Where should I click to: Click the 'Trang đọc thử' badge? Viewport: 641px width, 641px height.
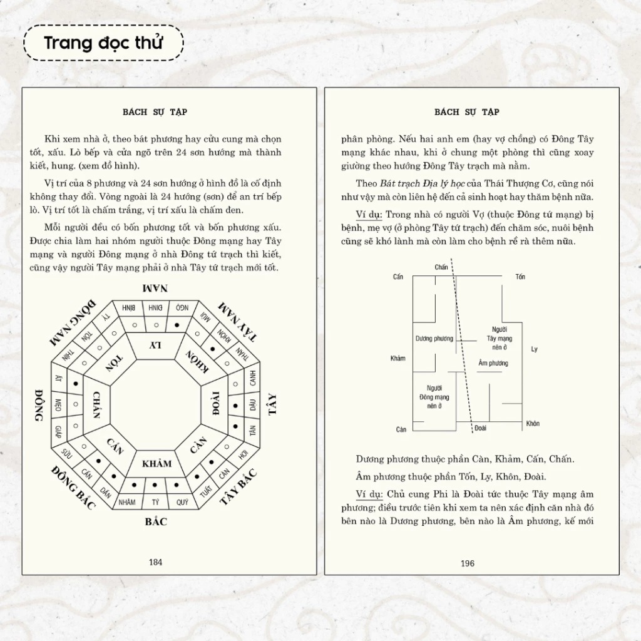click(x=103, y=43)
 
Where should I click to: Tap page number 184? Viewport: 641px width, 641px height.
click(x=156, y=562)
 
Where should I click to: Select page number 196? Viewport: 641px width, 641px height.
click(x=468, y=563)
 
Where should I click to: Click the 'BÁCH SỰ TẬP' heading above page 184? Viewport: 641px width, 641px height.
click(x=155, y=112)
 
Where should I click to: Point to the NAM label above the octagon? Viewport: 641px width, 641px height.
click(x=155, y=289)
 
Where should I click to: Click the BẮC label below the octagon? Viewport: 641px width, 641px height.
click(x=156, y=521)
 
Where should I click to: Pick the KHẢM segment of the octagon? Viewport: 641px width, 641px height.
click(x=156, y=464)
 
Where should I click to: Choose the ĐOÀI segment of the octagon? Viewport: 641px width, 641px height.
click(x=215, y=404)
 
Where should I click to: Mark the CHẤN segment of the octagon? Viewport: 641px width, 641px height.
click(x=96, y=405)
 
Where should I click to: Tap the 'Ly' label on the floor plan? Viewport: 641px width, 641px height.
click(x=534, y=349)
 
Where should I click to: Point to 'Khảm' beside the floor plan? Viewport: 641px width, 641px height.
click(x=397, y=359)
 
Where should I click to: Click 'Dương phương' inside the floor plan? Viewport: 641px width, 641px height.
click(x=434, y=339)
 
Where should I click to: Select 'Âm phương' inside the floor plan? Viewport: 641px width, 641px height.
click(x=493, y=363)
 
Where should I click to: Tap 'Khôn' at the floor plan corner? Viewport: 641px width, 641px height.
click(x=533, y=424)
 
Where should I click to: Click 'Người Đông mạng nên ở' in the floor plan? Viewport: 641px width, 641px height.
click(x=434, y=397)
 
